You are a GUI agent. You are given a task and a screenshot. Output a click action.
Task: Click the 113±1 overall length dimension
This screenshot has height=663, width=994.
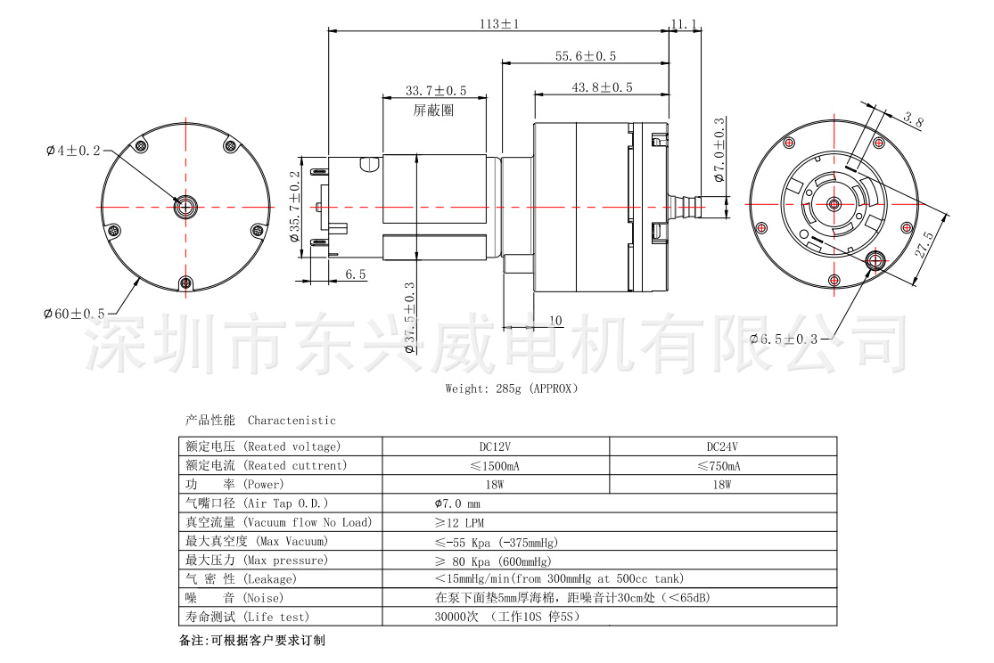[x=499, y=24]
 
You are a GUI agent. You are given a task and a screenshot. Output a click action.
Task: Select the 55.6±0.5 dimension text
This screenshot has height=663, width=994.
[x=586, y=56]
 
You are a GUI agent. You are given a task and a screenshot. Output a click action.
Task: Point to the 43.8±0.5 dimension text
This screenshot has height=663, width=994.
[x=603, y=87]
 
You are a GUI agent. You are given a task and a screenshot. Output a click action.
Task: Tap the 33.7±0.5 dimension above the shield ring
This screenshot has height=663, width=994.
[x=436, y=91]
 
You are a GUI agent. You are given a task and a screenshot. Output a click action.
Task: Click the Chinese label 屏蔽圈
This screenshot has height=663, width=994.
[x=433, y=110]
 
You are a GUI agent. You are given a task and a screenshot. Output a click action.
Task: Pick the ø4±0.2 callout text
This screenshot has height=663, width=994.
[x=73, y=151]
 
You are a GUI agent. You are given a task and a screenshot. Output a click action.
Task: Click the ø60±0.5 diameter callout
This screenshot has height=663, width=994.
[x=74, y=314]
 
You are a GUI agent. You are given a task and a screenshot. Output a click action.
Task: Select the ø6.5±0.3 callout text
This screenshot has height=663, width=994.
[x=784, y=340]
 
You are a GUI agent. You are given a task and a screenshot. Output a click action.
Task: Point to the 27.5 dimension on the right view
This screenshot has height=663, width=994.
[x=924, y=245]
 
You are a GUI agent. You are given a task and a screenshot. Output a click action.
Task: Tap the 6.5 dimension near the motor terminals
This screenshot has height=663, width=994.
[x=356, y=274]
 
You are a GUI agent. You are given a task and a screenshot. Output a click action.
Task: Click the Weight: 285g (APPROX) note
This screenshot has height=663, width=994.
[x=512, y=389]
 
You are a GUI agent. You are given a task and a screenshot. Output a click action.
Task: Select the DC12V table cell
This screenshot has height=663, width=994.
[x=495, y=446]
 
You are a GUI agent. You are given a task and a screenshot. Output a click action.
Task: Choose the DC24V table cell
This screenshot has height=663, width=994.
[x=722, y=446]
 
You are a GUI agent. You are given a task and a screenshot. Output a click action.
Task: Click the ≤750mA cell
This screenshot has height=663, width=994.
[x=719, y=466]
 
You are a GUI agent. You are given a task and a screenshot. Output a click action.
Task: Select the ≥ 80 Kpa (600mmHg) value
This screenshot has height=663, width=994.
[x=494, y=561]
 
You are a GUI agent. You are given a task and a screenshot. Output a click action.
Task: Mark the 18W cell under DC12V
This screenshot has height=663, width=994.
[x=495, y=485]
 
